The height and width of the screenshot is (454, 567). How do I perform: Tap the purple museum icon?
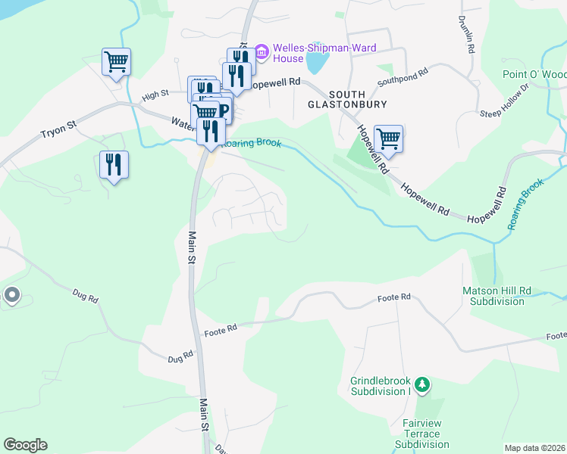point(262,52)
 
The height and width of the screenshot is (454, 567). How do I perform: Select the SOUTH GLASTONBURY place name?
point(348,98)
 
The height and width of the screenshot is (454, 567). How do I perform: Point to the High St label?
point(155,95)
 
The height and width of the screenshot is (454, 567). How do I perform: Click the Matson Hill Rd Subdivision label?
point(493,296)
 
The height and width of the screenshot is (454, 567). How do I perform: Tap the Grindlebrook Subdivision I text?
point(380,386)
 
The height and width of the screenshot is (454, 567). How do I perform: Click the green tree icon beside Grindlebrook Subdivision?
point(422,386)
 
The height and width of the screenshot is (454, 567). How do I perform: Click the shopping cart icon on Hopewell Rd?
point(388,138)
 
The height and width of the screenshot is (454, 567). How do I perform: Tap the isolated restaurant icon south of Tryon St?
point(114,164)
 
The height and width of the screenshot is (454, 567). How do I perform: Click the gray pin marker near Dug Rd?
point(12,295)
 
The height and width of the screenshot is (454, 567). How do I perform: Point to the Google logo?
point(25,445)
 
